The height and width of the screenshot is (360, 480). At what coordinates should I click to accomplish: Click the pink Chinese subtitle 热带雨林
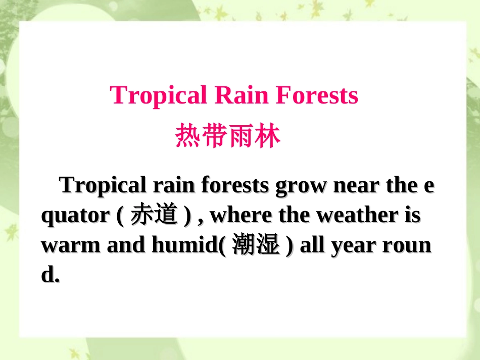pyautogui.click(x=228, y=135)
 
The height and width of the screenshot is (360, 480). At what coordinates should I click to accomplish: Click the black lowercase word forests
pyautogui.click(x=235, y=185)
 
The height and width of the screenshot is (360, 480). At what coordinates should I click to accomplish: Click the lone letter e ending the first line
pyautogui.click(x=429, y=186)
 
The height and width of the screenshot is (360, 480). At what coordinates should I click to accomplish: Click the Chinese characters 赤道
pyautogui.click(x=154, y=214)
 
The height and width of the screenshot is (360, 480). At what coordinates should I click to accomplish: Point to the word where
pyautogui.click(x=241, y=215)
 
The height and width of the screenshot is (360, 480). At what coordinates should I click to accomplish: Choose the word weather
pyautogui.click(x=357, y=215)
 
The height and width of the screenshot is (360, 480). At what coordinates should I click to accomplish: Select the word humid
pyautogui.click(x=185, y=244)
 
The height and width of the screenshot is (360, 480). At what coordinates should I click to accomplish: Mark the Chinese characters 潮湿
pyautogui.click(x=256, y=244)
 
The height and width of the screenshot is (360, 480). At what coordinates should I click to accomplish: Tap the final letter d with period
pyautogui.click(x=50, y=274)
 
